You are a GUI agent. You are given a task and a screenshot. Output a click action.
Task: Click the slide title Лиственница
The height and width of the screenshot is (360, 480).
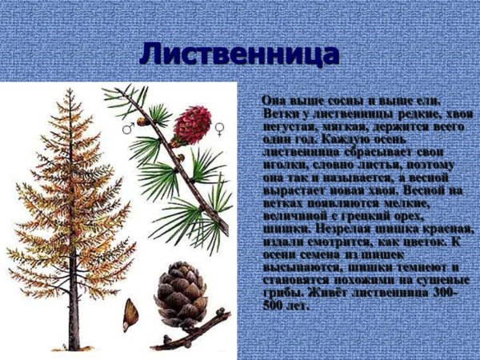(239, 54)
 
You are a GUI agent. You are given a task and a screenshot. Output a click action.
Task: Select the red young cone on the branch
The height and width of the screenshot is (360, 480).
(192, 124)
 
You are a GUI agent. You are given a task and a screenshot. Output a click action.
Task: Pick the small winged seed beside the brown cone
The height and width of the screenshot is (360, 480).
(130, 314)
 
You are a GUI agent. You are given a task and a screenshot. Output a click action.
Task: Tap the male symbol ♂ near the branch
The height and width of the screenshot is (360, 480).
(126, 127)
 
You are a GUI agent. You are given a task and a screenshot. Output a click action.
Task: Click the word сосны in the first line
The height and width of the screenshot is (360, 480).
(330, 100)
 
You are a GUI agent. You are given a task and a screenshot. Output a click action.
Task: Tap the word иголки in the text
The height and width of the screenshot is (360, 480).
(281, 162)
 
